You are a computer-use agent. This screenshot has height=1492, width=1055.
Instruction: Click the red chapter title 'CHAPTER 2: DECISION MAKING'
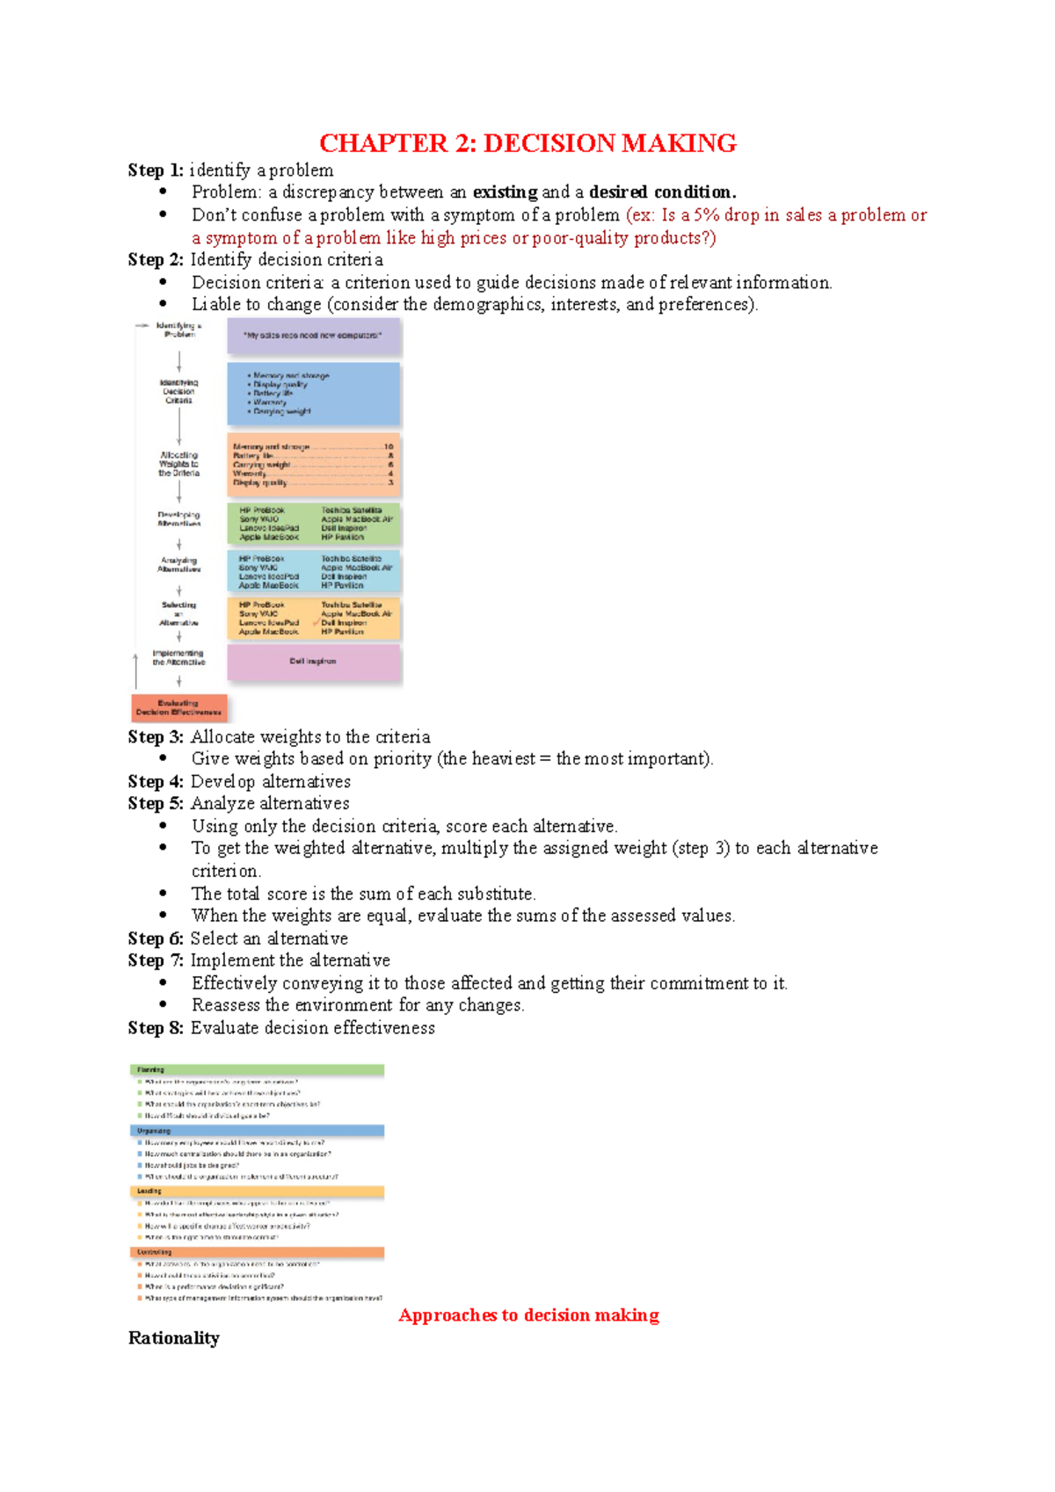(x=527, y=143)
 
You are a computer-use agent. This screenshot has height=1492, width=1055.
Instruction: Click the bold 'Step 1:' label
(x=155, y=170)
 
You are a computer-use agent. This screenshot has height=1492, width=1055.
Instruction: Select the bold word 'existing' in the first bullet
(x=505, y=192)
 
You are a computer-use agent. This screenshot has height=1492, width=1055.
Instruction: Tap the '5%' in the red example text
(x=706, y=215)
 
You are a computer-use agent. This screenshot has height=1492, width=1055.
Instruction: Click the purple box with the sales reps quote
(x=313, y=336)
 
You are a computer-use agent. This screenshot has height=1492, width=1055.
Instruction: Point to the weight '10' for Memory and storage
(x=389, y=447)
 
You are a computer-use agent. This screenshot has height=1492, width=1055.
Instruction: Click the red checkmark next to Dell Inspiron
(x=316, y=622)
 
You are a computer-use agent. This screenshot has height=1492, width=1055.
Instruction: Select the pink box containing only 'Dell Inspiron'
(x=313, y=662)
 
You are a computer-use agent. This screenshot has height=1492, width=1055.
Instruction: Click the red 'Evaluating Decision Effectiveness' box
(x=178, y=707)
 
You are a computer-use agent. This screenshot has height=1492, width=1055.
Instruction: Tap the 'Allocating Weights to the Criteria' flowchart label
(x=178, y=464)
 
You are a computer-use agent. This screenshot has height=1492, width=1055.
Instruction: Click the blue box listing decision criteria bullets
(x=313, y=394)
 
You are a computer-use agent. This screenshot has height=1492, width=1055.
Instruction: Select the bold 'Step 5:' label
(x=155, y=804)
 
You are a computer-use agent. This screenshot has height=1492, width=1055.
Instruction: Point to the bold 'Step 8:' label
(x=155, y=1028)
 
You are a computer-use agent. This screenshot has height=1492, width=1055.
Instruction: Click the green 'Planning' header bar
(x=257, y=1070)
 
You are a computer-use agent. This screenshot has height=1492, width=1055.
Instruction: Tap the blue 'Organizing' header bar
(x=257, y=1131)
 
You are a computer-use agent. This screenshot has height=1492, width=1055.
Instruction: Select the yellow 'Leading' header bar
(x=257, y=1191)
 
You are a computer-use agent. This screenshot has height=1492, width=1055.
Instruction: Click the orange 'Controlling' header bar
(x=257, y=1252)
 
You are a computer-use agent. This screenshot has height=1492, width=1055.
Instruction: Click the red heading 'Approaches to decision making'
(x=528, y=1315)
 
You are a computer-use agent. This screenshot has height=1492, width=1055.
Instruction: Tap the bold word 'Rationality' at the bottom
(x=174, y=1338)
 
